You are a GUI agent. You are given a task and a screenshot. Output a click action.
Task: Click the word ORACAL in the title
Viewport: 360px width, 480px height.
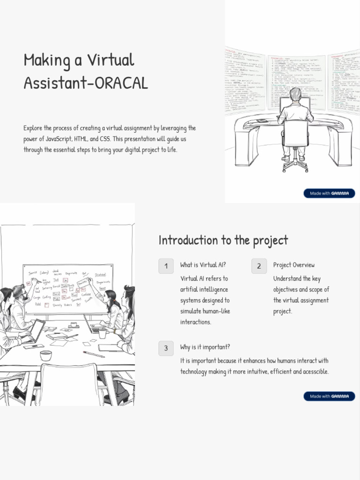(121, 83)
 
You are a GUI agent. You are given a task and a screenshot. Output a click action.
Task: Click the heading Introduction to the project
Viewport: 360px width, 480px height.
(223, 240)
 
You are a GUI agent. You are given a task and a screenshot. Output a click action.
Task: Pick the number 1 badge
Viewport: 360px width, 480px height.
(166, 266)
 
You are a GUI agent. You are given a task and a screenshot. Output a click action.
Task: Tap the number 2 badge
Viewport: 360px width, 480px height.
(259, 266)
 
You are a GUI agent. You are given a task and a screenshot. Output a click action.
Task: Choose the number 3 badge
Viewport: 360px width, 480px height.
(166, 348)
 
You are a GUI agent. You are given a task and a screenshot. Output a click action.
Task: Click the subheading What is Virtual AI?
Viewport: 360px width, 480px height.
(203, 265)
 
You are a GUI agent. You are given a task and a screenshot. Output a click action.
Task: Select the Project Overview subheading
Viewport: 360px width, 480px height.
(294, 265)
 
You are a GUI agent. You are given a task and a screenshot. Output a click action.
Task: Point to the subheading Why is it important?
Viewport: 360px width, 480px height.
(205, 347)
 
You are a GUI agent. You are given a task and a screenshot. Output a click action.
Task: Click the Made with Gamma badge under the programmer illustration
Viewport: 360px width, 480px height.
(329, 193)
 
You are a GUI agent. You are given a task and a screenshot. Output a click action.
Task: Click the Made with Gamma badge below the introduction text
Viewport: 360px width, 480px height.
(329, 396)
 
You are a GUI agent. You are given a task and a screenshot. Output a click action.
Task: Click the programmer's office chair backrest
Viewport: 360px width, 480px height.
(296, 133)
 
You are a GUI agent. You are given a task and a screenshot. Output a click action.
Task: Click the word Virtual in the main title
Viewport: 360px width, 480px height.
(112, 60)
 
